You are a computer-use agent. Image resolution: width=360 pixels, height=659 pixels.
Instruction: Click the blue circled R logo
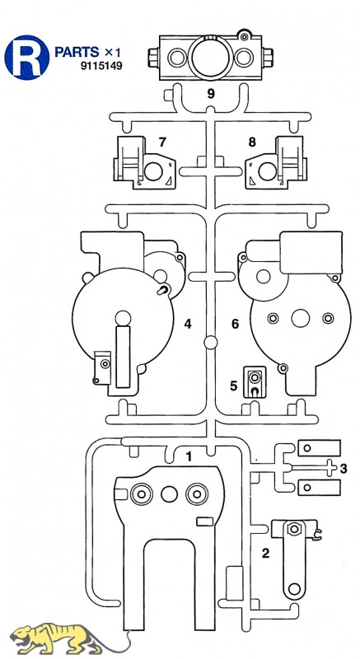[27, 58]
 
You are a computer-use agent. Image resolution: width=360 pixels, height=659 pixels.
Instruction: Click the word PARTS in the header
[77, 52]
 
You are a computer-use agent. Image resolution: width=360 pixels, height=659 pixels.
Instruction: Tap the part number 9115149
[101, 66]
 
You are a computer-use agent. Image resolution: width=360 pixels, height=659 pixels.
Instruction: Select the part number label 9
[211, 93]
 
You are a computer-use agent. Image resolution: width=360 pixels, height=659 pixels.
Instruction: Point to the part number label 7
[162, 142]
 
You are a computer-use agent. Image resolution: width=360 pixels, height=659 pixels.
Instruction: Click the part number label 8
[251, 142]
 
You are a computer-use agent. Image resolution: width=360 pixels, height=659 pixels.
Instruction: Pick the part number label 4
[187, 324]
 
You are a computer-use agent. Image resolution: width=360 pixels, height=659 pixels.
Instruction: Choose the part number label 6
[235, 324]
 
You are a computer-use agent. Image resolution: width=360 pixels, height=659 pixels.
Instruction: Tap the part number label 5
[234, 386]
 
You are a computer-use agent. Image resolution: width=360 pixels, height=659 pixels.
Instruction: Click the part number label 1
[189, 456]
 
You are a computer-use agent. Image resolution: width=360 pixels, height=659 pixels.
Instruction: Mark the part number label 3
[344, 468]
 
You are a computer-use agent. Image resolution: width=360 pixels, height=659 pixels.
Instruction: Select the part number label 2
[265, 554]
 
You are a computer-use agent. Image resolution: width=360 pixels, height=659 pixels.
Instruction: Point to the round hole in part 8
[267, 171]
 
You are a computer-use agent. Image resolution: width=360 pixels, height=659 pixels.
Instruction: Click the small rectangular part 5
[255, 381]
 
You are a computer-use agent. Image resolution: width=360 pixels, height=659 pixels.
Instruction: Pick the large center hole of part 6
[301, 318]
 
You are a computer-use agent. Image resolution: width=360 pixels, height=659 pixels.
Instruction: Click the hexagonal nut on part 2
[294, 528]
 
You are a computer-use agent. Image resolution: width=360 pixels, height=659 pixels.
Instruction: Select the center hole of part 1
[169, 494]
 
